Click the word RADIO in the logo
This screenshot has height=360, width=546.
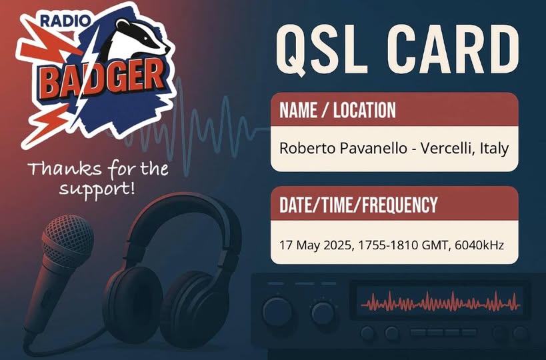65,21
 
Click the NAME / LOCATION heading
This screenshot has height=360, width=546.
337,111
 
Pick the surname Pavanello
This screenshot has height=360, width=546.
373,149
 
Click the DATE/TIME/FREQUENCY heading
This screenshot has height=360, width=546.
358,205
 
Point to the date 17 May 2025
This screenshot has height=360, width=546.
317,245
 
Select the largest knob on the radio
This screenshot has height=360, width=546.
277,311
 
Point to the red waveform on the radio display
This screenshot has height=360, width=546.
441,301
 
